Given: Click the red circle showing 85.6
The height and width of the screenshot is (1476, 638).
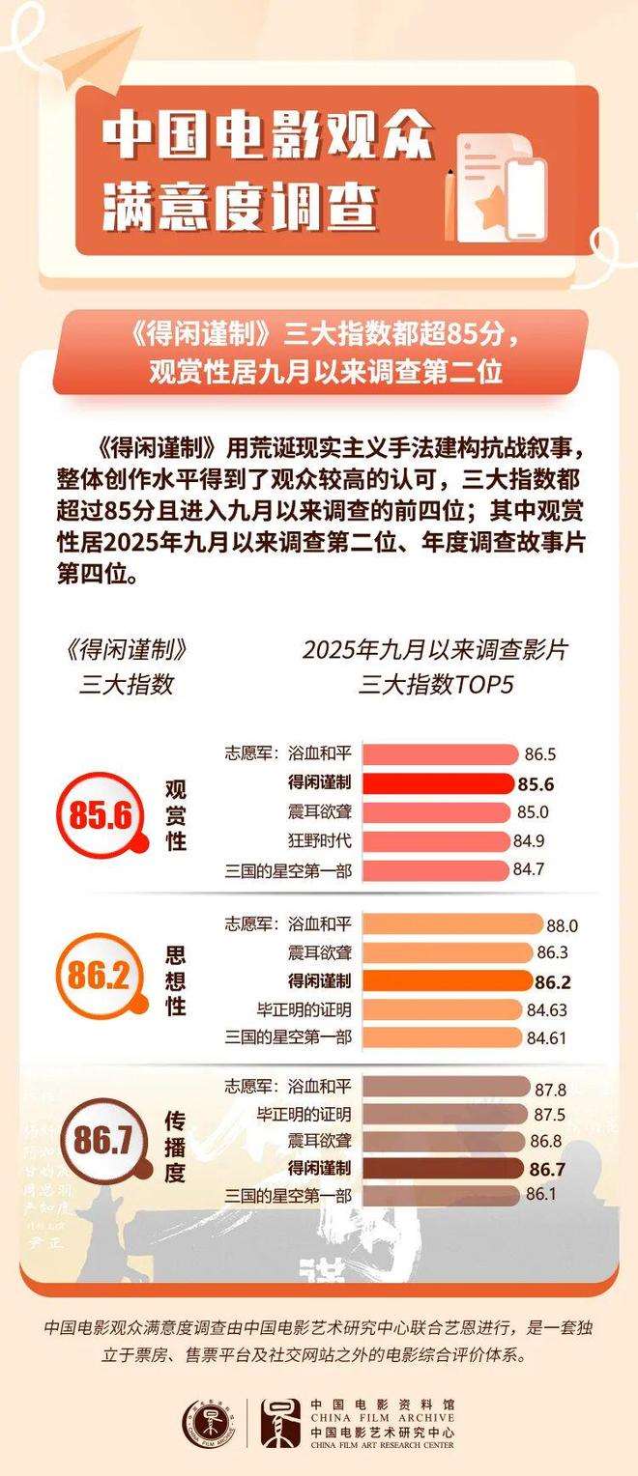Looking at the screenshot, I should [x=100, y=814].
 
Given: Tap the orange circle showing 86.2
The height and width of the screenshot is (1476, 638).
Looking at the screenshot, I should [x=100, y=979].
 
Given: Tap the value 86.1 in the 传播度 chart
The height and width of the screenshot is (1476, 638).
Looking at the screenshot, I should [x=543, y=1195].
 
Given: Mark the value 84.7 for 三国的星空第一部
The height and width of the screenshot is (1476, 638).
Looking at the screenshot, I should [x=531, y=869].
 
